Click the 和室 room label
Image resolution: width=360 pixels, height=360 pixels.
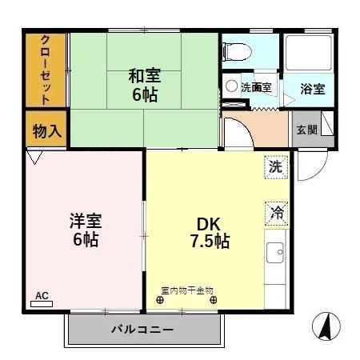tap(145, 77)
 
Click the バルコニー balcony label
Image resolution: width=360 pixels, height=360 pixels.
tap(142, 328)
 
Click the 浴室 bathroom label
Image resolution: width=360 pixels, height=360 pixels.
tap(312, 88)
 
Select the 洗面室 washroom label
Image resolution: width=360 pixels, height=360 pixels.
tap(257, 87)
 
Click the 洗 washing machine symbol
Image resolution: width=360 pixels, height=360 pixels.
tap(275, 168)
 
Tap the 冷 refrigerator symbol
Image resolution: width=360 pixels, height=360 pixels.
tap(276, 214)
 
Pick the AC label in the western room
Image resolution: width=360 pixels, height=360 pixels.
tap(42, 296)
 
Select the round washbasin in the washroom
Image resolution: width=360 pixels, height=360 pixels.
tap(231, 85)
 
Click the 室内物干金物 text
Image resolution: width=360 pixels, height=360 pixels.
tap(187, 290)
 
